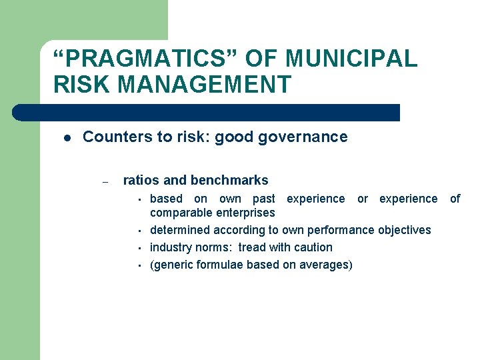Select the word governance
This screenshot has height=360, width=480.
click(x=309, y=137)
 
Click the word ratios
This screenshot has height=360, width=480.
click(x=141, y=181)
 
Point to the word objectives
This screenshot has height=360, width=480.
click(x=405, y=230)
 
